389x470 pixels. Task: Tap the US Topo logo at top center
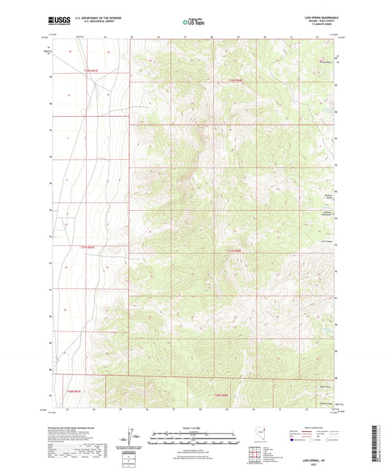click(x=194, y=23)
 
